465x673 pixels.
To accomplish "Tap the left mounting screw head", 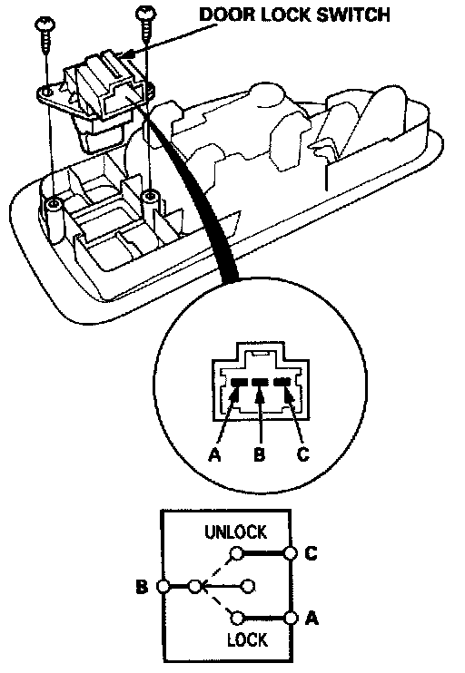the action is pos(45,23).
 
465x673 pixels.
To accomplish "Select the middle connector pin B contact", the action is pos(259,382).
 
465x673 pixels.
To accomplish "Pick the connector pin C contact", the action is pos(282,382).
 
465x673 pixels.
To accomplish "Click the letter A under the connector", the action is pos(214,454).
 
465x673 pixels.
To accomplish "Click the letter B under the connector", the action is pos(259,454).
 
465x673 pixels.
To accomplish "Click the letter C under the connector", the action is pos(303,454).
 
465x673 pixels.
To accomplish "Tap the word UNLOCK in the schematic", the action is pos(235,532).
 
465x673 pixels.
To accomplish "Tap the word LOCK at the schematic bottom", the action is pos(248,640).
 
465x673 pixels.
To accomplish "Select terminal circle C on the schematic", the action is pos(291,553).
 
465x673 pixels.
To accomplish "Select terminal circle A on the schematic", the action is pos(291,618).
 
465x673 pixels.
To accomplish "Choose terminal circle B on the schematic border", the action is pos(163,586).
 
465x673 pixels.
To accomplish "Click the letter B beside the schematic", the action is pos(142,586).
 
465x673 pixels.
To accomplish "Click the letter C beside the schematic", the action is pos(312,553).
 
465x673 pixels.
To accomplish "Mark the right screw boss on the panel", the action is pos(149,197).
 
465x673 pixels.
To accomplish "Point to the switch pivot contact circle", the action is pos(195,586).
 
